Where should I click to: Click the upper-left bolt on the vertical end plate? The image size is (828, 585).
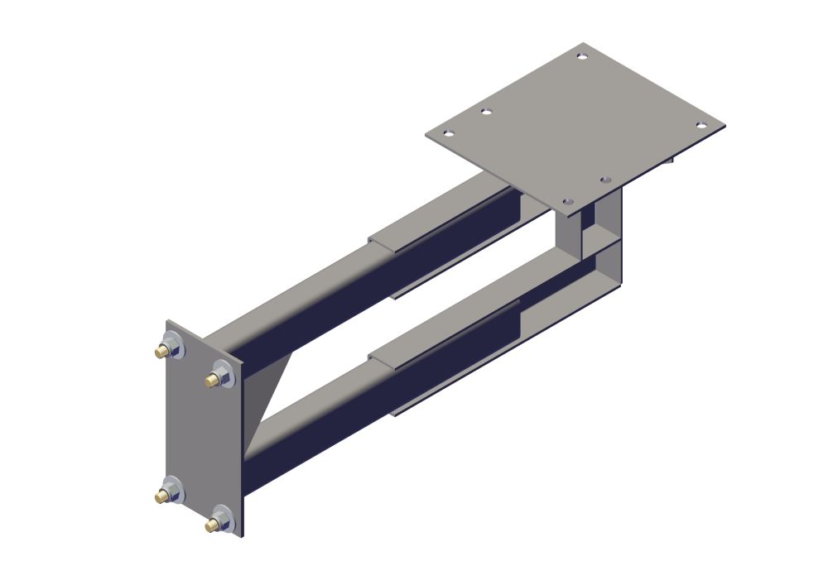point(171,346)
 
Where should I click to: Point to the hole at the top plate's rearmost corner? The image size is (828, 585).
point(582,56)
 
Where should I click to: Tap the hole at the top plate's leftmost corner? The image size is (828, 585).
point(448,133)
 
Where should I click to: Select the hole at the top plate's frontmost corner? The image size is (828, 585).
point(567,201)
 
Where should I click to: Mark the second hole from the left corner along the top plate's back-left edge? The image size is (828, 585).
point(486,112)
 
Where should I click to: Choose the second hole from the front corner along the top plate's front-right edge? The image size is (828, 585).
point(605,180)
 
